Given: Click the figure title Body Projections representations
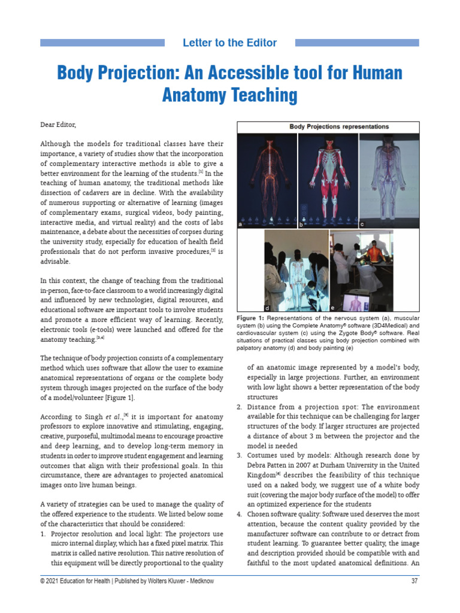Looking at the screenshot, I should click(x=339, y=127).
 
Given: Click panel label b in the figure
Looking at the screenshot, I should click(x=301, y=224).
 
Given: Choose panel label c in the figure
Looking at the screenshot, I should click(x=362, y=224).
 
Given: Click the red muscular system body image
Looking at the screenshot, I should click(x=327, y=177).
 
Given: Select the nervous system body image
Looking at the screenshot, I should click(x=267, y=177).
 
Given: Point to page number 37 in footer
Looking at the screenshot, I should click(x=414, y=581).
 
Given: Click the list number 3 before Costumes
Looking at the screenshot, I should click(x=239, y=456).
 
